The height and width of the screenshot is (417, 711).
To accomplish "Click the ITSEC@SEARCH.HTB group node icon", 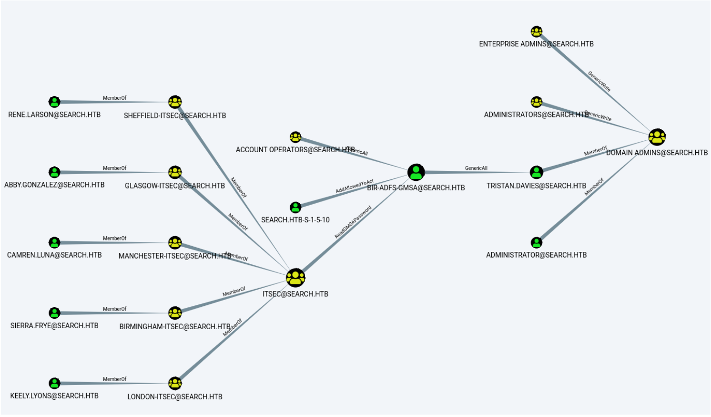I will [295, 278].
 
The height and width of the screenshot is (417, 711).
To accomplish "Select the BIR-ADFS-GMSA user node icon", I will [416, 172].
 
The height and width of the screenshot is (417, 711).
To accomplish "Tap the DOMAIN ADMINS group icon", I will [657, 137].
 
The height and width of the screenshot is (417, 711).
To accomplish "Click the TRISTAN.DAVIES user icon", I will [537, 172].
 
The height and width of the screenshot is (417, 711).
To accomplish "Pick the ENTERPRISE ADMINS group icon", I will [537, 32].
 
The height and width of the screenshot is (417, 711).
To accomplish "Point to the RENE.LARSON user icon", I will [54, 102].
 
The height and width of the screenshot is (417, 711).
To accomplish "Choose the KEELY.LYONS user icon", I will [54, 383].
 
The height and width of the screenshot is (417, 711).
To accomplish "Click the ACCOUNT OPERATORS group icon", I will [295, 137].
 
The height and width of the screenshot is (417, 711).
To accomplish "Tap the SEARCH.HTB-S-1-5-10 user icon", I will [295, 207].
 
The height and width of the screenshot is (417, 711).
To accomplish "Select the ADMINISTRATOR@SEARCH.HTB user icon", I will [537, 242].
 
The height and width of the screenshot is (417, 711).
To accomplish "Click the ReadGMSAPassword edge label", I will [353, 222].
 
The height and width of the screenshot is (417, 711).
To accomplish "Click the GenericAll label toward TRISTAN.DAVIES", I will [476, 168].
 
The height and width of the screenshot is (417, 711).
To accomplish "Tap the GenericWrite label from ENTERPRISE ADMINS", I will [599, 81].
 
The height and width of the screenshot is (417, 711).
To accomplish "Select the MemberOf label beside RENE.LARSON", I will [114, 98].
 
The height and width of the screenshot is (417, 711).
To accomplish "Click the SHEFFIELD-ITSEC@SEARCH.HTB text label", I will [175, 115].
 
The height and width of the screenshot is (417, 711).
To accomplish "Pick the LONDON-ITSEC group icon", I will [175, 383].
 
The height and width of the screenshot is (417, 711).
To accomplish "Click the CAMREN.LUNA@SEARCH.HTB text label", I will [54, 255].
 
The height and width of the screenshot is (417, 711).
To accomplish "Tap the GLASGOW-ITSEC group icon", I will [175, 172].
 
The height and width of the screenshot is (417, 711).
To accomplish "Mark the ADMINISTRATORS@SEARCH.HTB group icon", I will [537, 102].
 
